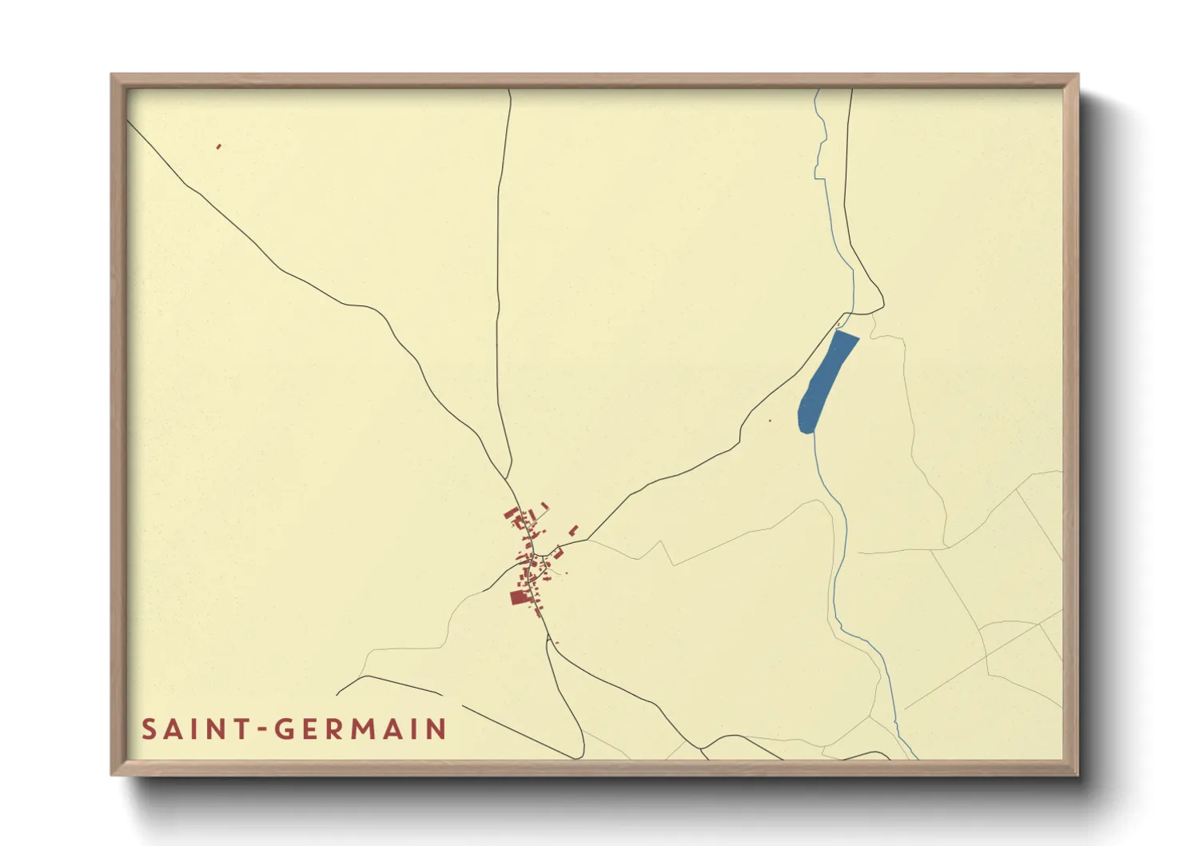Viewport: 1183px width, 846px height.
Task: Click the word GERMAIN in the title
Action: click(360, 729)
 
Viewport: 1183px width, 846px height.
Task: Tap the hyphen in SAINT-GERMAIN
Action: click(261, 730)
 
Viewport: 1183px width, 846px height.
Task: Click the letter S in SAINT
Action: click(149, 729)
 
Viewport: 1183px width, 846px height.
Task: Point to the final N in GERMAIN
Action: click(436, 729)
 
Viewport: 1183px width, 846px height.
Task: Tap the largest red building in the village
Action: click(518, 597)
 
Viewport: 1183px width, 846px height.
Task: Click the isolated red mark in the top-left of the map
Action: click(218, 146)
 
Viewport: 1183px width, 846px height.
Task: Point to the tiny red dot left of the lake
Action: click(770, 421)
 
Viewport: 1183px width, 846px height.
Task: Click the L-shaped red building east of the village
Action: click(573, 530)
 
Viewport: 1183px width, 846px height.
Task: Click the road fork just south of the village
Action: click(549, 640)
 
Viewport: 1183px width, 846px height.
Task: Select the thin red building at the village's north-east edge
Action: click(544, 505)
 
